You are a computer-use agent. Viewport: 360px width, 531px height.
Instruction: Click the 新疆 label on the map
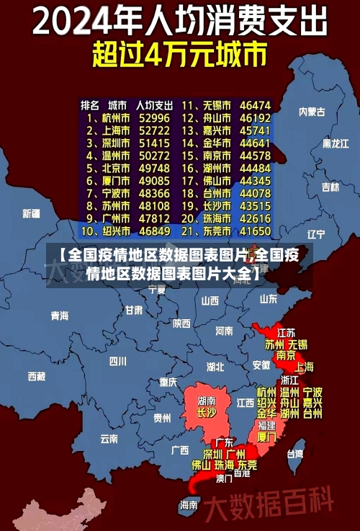(x=31, y=213)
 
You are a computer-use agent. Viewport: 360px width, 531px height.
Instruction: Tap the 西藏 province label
(x=36, y=376)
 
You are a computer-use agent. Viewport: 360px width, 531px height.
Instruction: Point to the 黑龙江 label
(x=336, y=143)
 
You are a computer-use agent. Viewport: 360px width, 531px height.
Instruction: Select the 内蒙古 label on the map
(x=312, y=112)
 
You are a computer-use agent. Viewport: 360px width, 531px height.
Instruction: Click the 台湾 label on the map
(x=295, y=454)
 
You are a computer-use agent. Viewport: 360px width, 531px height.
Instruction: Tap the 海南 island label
(x=189, y=504)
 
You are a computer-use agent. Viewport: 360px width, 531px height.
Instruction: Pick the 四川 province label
(x=117, y=361)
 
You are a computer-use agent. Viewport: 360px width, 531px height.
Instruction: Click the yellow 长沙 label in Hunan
(x=206, y=414)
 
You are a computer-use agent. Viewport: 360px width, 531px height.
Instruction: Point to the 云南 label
(x=109, y=438)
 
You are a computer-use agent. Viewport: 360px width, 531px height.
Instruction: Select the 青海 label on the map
(x=60, y=316)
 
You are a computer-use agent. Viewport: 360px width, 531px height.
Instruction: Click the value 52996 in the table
(x=154, y=117)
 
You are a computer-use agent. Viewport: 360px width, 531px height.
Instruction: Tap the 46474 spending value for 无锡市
(x=255, y=105)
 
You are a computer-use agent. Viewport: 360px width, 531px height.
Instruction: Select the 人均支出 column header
(x=154, y=105)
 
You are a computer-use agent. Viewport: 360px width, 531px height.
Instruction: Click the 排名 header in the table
(x=90, y=105)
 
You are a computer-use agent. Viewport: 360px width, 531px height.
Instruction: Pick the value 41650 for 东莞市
(x=255, y=232)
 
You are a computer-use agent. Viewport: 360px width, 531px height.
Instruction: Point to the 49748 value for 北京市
(x=154, y=168)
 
